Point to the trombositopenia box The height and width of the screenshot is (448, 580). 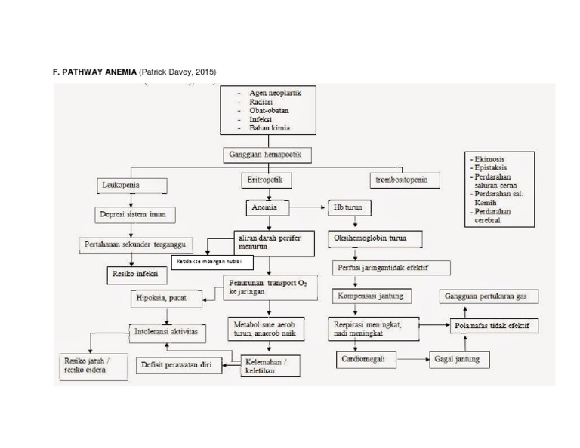tap(401, 180)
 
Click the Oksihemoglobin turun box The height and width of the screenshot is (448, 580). tap(370, 238)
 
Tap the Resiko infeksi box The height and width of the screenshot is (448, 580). tap(131, 275)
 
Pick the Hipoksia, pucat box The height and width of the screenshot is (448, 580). tap(162, 298)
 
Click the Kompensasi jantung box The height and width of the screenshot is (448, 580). tap(371, 296)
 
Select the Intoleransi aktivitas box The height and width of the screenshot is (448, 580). tap(166, 331)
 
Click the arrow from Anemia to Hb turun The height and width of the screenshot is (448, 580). tap(307, 207)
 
